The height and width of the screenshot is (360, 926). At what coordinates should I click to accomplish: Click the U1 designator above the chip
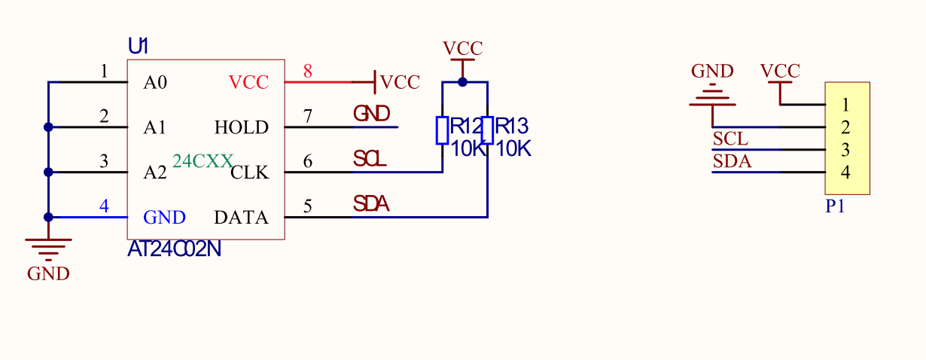(x=139, y=46)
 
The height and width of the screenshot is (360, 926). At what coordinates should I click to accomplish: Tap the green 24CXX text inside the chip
(x=203, y=161)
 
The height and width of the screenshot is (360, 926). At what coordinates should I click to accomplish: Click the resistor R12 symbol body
(x=443, y=130)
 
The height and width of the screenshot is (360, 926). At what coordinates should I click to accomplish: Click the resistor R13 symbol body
(x=488, y=130)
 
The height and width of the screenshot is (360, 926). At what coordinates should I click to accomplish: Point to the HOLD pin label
(x=241, y=127)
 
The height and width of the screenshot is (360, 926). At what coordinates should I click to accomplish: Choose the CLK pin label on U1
(x=249, y=172)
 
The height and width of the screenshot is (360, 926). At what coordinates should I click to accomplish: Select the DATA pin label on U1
(x=241, y=218)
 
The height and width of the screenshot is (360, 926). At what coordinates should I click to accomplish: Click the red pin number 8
(x=308, y=72)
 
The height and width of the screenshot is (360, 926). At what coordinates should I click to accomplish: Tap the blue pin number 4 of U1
(x=104, y=206)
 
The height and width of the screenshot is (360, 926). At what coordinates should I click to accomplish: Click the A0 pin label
(x=155, y=82)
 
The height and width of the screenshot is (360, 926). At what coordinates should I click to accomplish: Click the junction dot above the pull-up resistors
(x=462, y=81)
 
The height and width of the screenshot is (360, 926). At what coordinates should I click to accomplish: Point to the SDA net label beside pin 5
(x=371, y=203)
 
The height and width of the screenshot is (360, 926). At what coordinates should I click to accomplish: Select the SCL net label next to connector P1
(x=730, y=139)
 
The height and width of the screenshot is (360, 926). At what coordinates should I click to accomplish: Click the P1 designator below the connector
(x=835, y=206)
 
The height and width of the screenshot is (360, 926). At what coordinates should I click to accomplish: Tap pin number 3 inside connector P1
(x=846, y=150)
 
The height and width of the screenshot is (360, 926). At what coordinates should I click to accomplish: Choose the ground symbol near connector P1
(x=711, y=97)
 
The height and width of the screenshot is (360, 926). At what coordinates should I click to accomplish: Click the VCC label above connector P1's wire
(x=779, y=72)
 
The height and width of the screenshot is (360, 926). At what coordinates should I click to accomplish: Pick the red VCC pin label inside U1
(x=248, y=82)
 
